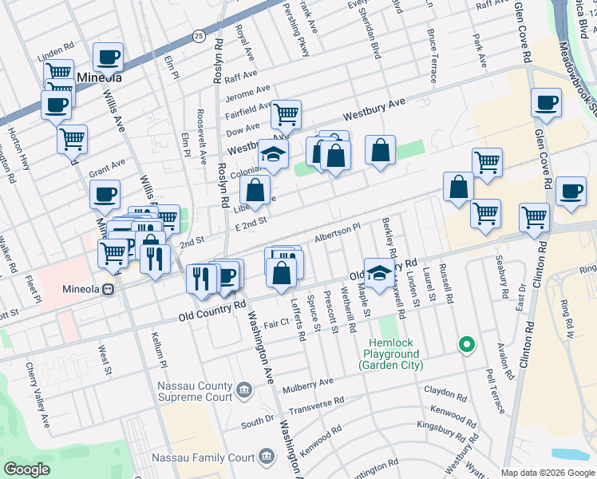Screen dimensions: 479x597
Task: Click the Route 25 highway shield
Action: click(198, 36)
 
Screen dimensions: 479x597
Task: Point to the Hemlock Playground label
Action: click(390, 359)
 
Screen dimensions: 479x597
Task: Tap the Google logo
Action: click(27, 469)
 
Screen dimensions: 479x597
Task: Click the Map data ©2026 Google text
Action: click(547, 473)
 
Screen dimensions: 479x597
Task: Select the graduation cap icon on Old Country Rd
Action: click(380, 271)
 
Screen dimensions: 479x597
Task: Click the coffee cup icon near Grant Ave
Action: click(105, 193)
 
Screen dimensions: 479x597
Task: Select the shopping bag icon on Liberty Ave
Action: click(255, 190)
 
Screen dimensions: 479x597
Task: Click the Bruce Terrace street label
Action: click(432, 56)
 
